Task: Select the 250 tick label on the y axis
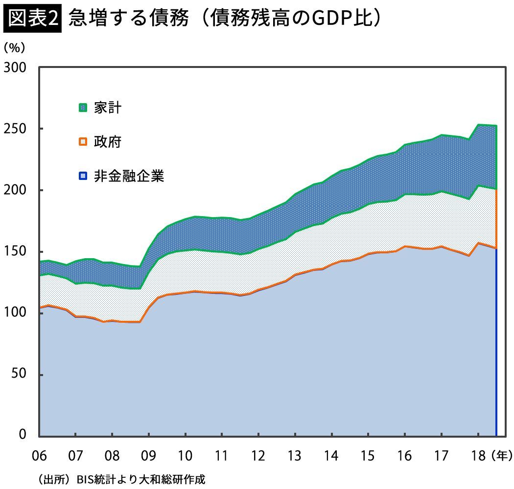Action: pyautogui.click(x=16, y=129)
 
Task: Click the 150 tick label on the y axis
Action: pyautogui.click(x=16, y=252)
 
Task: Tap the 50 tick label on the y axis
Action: pyautogui.click(x=20, y=375)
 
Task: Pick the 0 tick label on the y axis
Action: pyautogui.click(x=23, y=435)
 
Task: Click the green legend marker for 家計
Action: pyautogui.click(x=83, y=108)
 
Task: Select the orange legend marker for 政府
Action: pyautogui.click(x=83, y=142)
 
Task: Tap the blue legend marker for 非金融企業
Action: pyautogui.click(x=83, y=176)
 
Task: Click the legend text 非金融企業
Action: pyautogui.click(x=129, y=176)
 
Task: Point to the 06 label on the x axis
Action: pyautogui.click(x=39, y=456)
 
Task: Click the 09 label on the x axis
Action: pyautogui.click(x=149, y=456)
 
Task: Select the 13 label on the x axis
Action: pyautogui.click(x=295, y=456)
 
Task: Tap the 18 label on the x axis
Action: pyautogui.click(x=478, y=456)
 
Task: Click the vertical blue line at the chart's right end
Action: pyautogui.click(x=496, y=342)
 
